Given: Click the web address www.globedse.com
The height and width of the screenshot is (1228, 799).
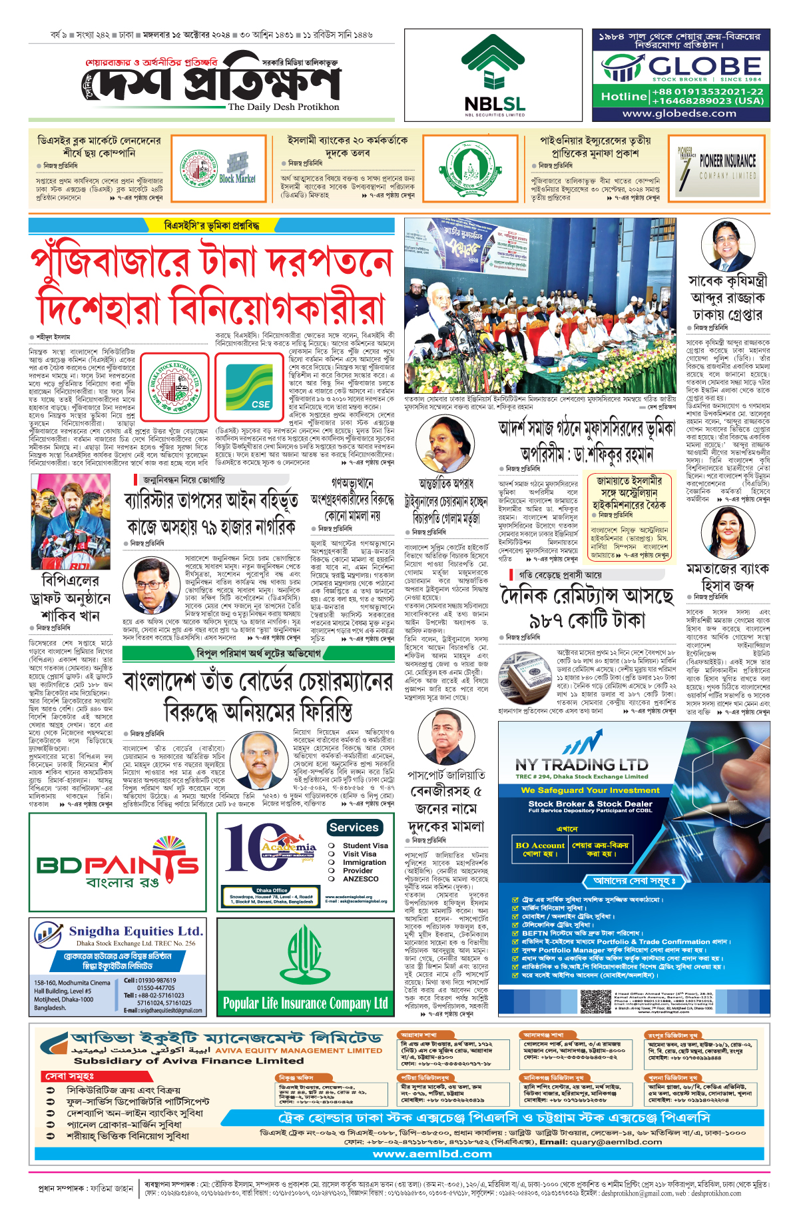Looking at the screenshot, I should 679,113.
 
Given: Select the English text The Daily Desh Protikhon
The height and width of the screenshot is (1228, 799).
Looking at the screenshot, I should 283,107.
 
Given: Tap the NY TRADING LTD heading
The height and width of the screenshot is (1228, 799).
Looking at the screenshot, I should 581,764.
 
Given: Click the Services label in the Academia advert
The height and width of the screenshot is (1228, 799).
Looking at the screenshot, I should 354,828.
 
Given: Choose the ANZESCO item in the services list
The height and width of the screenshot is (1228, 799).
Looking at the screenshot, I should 360,879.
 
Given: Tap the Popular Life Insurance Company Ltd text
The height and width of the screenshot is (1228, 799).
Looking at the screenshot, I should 305,1003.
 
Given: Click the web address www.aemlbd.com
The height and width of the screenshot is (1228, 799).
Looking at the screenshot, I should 432,1153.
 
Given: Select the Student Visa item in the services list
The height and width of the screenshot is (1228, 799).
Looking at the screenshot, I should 365,846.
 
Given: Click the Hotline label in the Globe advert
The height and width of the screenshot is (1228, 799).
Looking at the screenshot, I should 624,97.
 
